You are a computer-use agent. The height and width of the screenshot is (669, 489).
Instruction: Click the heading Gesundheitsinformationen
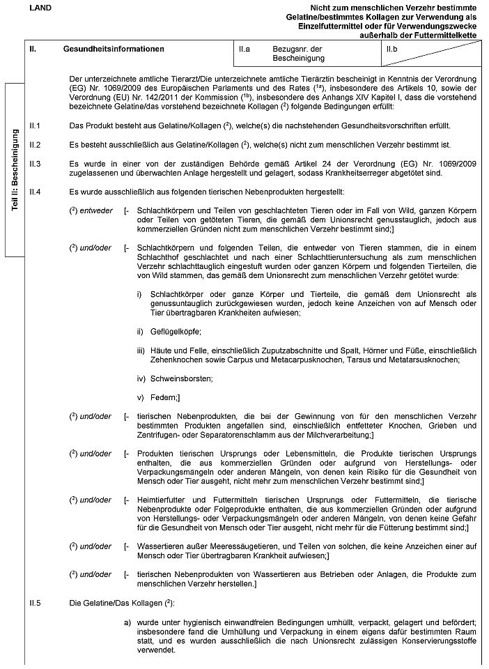(x=114, y=49)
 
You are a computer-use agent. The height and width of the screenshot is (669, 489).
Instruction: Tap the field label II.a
(x=244, y=49)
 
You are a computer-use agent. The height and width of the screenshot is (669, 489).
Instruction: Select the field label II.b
(x=391, y=49)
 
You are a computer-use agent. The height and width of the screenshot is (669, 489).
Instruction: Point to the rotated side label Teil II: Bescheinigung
(x=15, y=170)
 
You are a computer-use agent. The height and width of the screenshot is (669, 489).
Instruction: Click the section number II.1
(x=36, y=126)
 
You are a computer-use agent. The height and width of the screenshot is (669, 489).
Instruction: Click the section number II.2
(x=36, y=145)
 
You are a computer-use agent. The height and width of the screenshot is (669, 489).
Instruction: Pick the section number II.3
(x=36, y=164)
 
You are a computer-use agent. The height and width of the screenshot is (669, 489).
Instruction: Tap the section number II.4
(x=36, y=191)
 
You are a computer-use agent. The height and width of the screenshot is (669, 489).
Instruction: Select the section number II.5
(x=36, y=601)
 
